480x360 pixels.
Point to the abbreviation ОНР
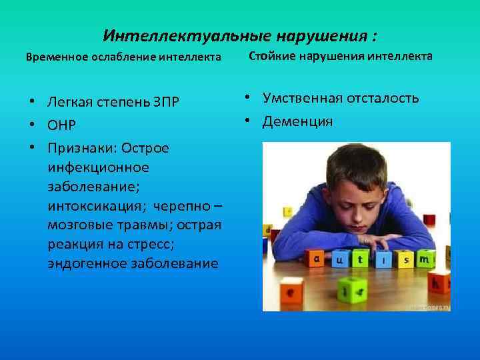click(61, 125)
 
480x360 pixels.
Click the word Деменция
click(297, 121)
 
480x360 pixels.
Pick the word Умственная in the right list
click(299, 99)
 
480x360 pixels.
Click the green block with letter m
click(424, 257)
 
